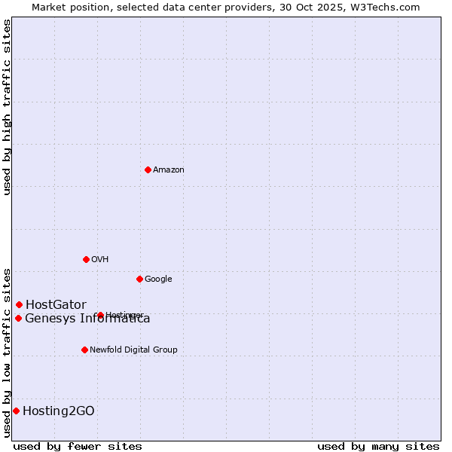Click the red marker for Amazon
(148, 169)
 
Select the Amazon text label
(169, 170)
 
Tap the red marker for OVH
(86, 259)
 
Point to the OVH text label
(100, 260)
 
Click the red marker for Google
(139, 279)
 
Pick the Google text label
(158, 279)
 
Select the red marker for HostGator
(19, 304)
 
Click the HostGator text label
(56, 305)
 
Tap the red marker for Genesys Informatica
(18, 318)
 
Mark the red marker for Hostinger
(100, 315)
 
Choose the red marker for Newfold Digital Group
(84, 350)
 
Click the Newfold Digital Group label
(133, 350)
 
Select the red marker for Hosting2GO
(16, 411)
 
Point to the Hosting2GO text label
(59, 411)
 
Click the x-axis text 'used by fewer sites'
(78, 446)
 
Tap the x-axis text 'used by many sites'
(378, 446)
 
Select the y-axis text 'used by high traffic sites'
(7, 107)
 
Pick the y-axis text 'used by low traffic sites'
(7, 352)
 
